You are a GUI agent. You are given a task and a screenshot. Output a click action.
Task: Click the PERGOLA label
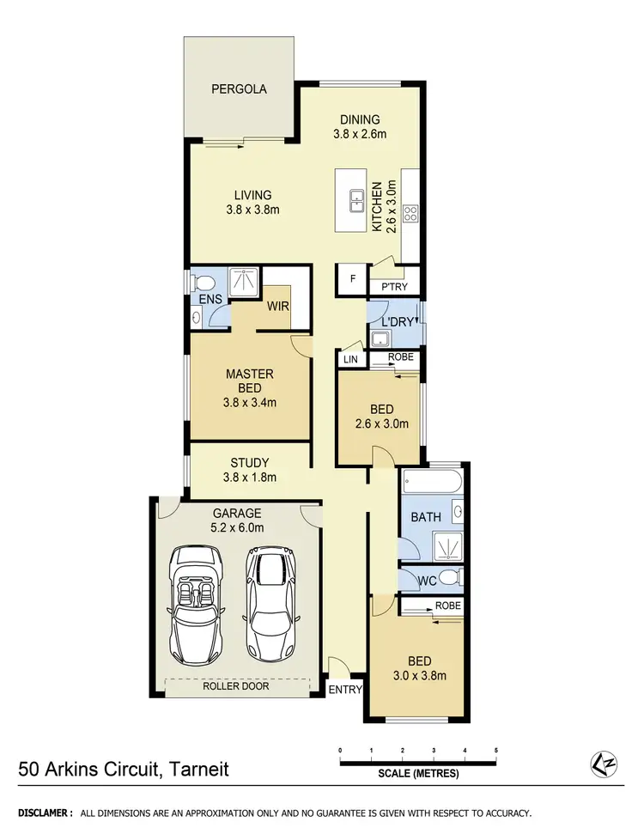(240, 88)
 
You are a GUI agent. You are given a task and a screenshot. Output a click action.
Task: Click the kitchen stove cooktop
(410, 213)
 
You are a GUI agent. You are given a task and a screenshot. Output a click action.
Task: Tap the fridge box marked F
(351, 278)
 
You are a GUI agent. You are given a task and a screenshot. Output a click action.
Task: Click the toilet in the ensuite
(203, 283)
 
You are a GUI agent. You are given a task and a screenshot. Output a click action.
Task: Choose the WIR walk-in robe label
(277, 305)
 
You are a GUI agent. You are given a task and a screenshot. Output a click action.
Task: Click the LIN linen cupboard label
(350, 359)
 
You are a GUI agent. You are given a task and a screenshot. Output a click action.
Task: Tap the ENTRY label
(346, 689)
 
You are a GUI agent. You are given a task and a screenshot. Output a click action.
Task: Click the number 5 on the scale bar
(496, 750)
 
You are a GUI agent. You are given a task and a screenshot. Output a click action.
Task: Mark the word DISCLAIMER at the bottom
(46, 812)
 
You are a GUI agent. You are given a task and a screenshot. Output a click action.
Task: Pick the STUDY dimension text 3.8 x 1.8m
(250, 478)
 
